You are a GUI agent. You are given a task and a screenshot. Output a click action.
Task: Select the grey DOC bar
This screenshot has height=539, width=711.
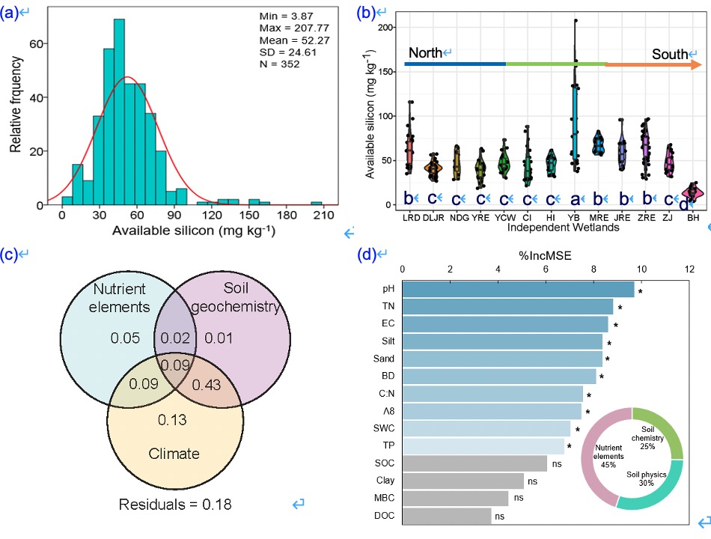(447, 516)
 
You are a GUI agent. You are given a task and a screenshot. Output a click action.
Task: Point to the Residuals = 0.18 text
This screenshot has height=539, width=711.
(175, 504)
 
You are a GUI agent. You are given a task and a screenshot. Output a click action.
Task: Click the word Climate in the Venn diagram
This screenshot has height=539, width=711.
(175, 453)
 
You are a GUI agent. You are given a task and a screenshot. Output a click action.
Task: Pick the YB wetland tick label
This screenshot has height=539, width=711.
(574, 218)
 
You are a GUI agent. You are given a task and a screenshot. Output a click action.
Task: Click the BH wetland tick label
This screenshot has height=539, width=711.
(692, 218)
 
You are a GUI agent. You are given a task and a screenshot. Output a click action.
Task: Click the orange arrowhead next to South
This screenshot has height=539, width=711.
(693, 64)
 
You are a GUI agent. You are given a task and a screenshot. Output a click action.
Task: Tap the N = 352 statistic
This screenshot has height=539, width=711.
(279, 64)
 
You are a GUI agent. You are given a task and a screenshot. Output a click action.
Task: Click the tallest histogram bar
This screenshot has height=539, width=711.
(119, 112)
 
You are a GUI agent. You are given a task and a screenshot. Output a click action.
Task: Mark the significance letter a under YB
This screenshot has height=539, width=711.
(575, 199)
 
